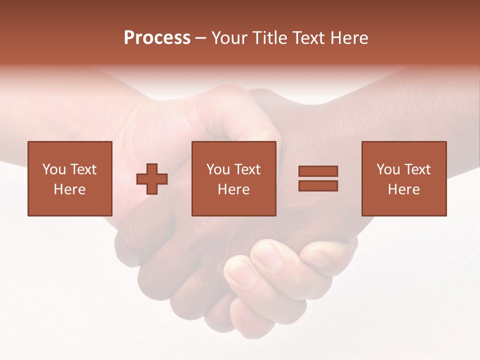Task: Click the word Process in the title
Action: tap(157, 38)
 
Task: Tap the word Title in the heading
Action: tap(270, 38)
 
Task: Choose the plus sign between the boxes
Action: tap(152, 178)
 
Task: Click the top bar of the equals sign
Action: tap(318, 171)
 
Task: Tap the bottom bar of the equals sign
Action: tap(318, 185)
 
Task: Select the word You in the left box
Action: tap(53, 169)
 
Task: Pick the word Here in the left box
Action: tap(69, 189)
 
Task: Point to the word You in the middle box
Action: tap(217, 169)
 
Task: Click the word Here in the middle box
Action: tap(233, 189)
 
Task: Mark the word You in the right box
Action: tap(387, 169)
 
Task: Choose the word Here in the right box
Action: tap(403, 189)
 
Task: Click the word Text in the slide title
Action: tap(309, 38)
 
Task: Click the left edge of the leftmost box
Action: tap(28, 178)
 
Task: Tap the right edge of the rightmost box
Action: tap(446, 178)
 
